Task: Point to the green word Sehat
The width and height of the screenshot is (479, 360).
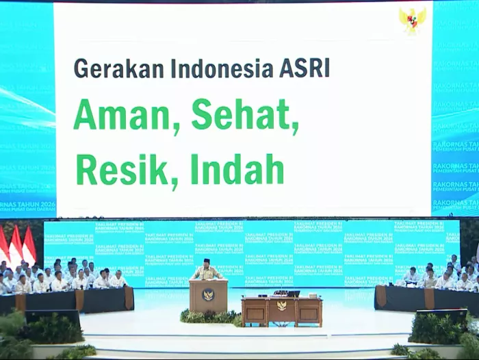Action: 245,115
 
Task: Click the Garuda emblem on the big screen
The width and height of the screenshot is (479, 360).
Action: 412,21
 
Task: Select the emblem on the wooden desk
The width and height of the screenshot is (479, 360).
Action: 281,306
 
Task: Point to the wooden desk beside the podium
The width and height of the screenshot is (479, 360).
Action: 281,310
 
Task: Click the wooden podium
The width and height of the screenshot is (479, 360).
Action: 208,296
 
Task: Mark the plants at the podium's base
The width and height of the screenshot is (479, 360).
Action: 209,317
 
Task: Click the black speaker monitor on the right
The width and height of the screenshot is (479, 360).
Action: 441,316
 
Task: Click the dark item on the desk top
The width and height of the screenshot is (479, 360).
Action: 293,294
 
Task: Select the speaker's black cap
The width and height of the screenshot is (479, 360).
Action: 207,261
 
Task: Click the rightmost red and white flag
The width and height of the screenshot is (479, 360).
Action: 29,246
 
